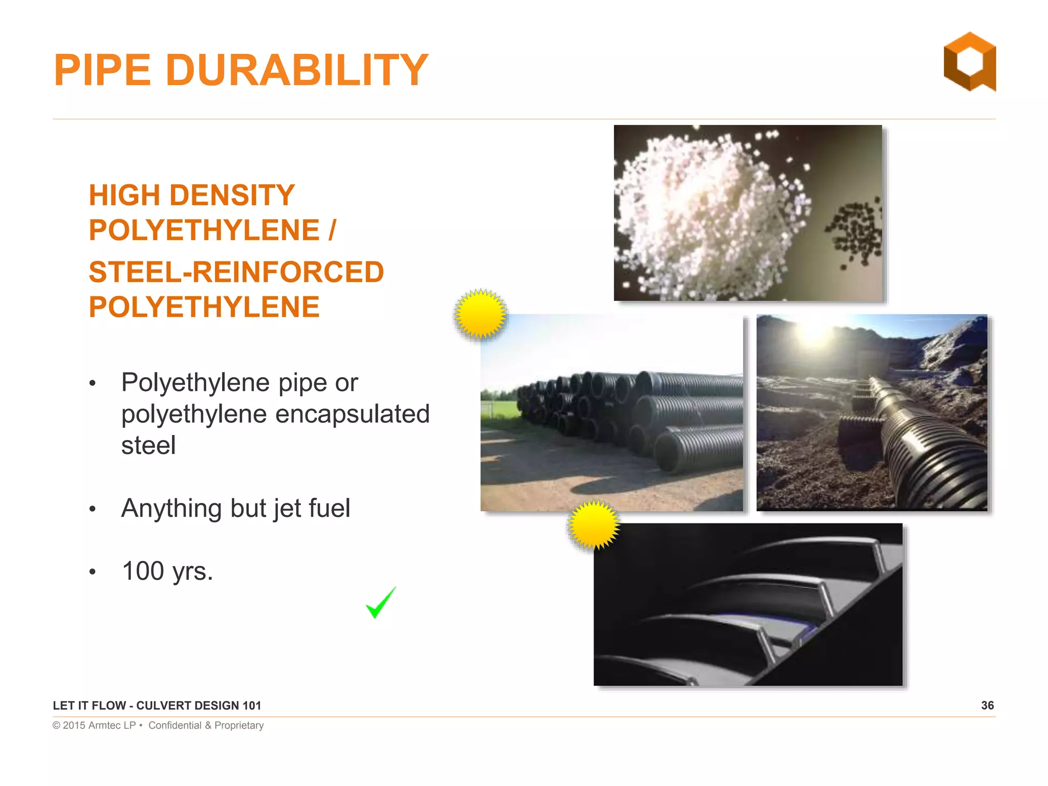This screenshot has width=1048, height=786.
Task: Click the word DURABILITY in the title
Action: pyautogui.click(x=296, y=70)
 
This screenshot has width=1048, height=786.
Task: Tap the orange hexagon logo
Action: pyautogui.click(x=970, y=62)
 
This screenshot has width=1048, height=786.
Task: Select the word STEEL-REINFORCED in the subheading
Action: pyautogui.click(x=236, y=272)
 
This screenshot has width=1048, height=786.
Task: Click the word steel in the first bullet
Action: pyautogui.click(x=148, y=445)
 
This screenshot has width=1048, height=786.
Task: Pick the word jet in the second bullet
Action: pyautogui.click(x=287, y=509)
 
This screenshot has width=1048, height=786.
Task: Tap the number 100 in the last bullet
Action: pyautogui.click(x=143, y=571)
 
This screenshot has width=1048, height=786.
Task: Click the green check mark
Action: pyautogui.click(x=380, y=603)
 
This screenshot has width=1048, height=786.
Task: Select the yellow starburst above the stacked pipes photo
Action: pyautogui.click(x=480, y=314)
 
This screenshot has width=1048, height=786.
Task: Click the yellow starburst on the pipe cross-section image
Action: pyautogui.click(x=594, y=525)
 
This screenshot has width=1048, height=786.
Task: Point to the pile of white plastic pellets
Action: pyautogui.click(x=706, y=215)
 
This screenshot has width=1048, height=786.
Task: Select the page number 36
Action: pyautogui.click(x=987, y=705)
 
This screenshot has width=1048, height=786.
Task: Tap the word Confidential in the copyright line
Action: pyautogui.click(x=175, y=725)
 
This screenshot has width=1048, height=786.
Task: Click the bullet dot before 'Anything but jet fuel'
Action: pyautogui.click(x=93, y=509)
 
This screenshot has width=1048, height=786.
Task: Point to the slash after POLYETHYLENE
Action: pyautogui.click(x=332, y=230)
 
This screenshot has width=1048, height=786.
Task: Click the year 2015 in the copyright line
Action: pyautogui.click(x=74, y=725)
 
